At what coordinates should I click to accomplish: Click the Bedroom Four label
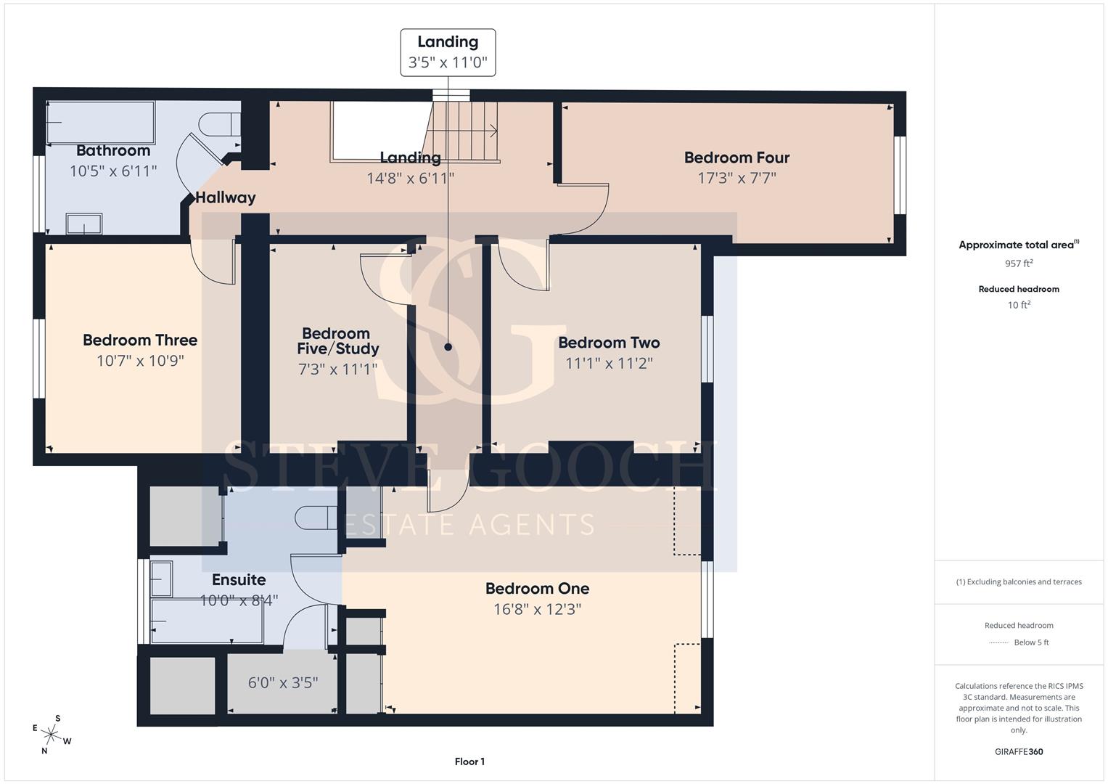point(736,158)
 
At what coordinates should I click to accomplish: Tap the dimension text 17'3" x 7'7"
point(736,178)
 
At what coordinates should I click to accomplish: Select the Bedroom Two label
point(609,343)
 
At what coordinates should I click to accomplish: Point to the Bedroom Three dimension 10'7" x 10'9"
point(140,361)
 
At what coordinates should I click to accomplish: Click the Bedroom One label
point(537,589)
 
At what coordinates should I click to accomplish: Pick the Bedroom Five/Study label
point(338,341)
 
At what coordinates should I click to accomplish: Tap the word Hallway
point(226,198)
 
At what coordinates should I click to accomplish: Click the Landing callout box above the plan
point(448,52)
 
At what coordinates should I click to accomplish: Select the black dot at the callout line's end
point(448,347)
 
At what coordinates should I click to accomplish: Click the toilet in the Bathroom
point(220,124)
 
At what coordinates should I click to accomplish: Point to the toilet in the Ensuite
point(316,518)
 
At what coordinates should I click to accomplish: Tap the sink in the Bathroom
point(84,224)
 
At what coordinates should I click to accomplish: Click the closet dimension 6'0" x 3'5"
point(283,683)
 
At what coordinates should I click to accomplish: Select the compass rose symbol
point(51,735)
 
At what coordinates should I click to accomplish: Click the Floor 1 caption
point(469,761)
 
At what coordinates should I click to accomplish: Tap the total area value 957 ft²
point(1019,264)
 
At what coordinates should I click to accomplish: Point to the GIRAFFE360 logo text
point(1019,752)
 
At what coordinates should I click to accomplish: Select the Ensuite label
point(239,579)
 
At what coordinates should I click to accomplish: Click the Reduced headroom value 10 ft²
point(1019,305)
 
